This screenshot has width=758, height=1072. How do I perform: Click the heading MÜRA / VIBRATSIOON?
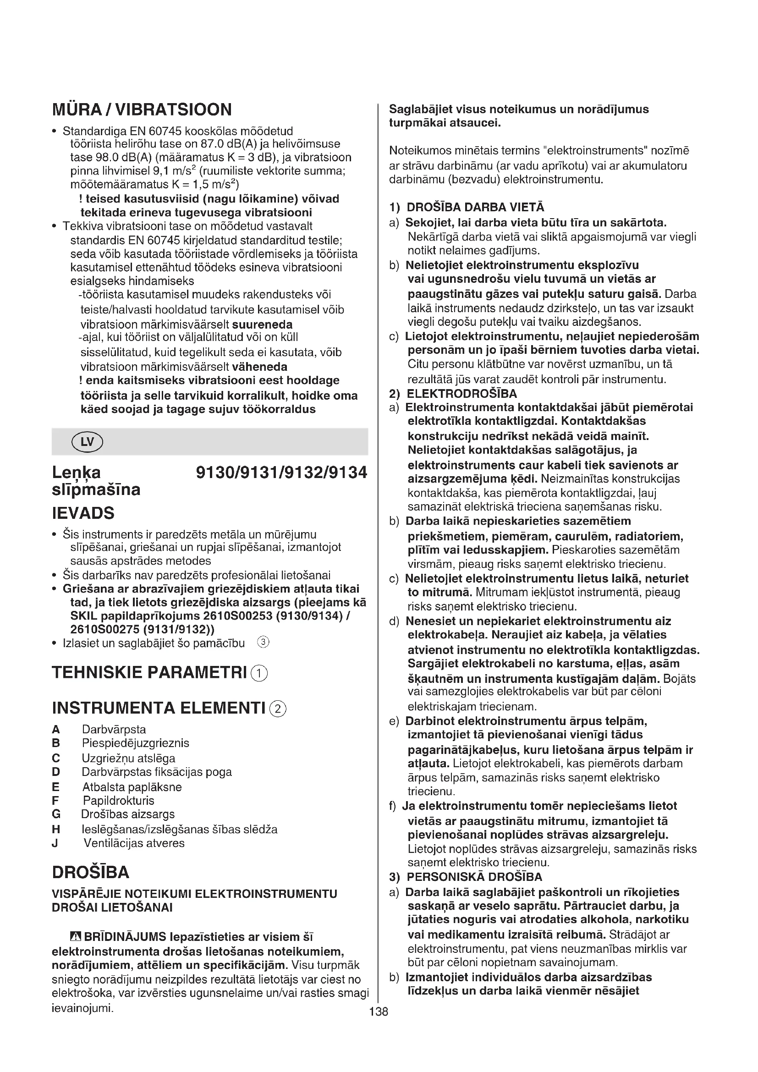pos(142,110)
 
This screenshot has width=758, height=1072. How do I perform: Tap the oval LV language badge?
pos(87,442)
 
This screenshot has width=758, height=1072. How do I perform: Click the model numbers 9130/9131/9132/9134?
pos(281,473)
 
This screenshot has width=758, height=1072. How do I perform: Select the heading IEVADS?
pos(83,513)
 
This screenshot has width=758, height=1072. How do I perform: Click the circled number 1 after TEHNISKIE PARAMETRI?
pos(259,673)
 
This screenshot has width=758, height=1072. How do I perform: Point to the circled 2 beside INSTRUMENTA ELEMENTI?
pos(278,709)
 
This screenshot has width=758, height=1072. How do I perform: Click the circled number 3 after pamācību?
pos(263,643)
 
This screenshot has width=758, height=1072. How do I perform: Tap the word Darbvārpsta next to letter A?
pos(114,729)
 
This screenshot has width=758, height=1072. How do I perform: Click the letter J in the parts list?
pos(55,843)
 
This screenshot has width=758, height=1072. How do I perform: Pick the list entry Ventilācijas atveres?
pos(134,843)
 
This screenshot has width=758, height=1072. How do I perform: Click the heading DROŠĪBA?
pos(91,872)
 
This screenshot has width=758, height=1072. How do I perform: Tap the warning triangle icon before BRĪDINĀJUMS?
pos(75,937)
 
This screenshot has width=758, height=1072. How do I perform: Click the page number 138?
pos(379,1012)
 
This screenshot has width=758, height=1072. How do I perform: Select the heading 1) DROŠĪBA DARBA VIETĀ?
pos(467,207)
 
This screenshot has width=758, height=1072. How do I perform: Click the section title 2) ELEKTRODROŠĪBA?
pos(453,394)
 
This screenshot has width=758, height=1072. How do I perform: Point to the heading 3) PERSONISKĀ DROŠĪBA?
pos(466,877)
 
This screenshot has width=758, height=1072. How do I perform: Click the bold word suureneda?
pos(262,324)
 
